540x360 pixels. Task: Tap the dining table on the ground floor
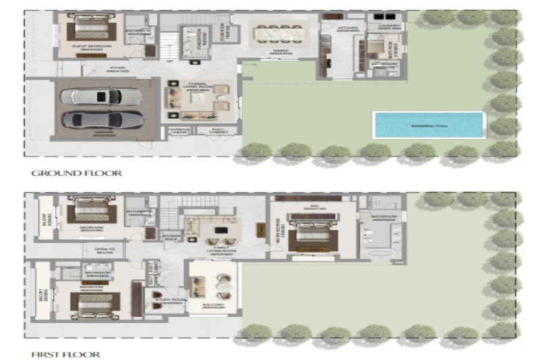tap(277, 32)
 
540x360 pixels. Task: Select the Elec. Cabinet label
tap(218, 132)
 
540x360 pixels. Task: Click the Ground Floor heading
tap(76, 174)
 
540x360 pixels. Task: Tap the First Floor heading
tap(65, 354)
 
